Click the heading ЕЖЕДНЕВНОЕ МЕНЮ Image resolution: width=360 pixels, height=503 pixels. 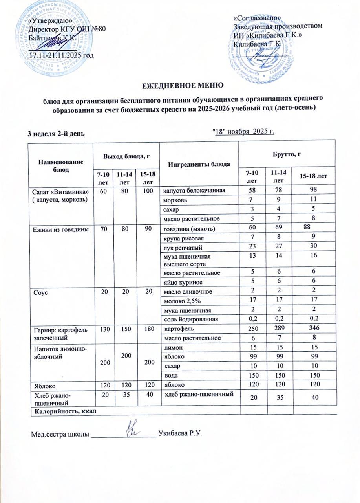tap(180, 85)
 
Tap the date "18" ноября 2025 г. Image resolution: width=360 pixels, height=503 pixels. tap(243, 131)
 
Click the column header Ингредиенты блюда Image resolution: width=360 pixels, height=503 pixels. tap(199, 164)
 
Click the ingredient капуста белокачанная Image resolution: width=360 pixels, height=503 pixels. tap(194, 191)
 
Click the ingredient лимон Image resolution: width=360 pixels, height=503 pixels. tap(173, 348)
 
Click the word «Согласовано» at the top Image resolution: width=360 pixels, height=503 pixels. tap(257, 18)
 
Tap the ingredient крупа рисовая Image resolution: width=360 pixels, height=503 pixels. tap(180, 239)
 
